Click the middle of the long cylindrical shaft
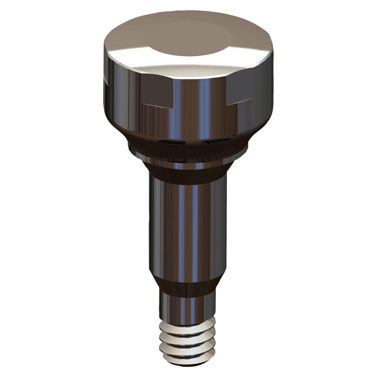[x=188, y=226]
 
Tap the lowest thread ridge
[x=188, y=352]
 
